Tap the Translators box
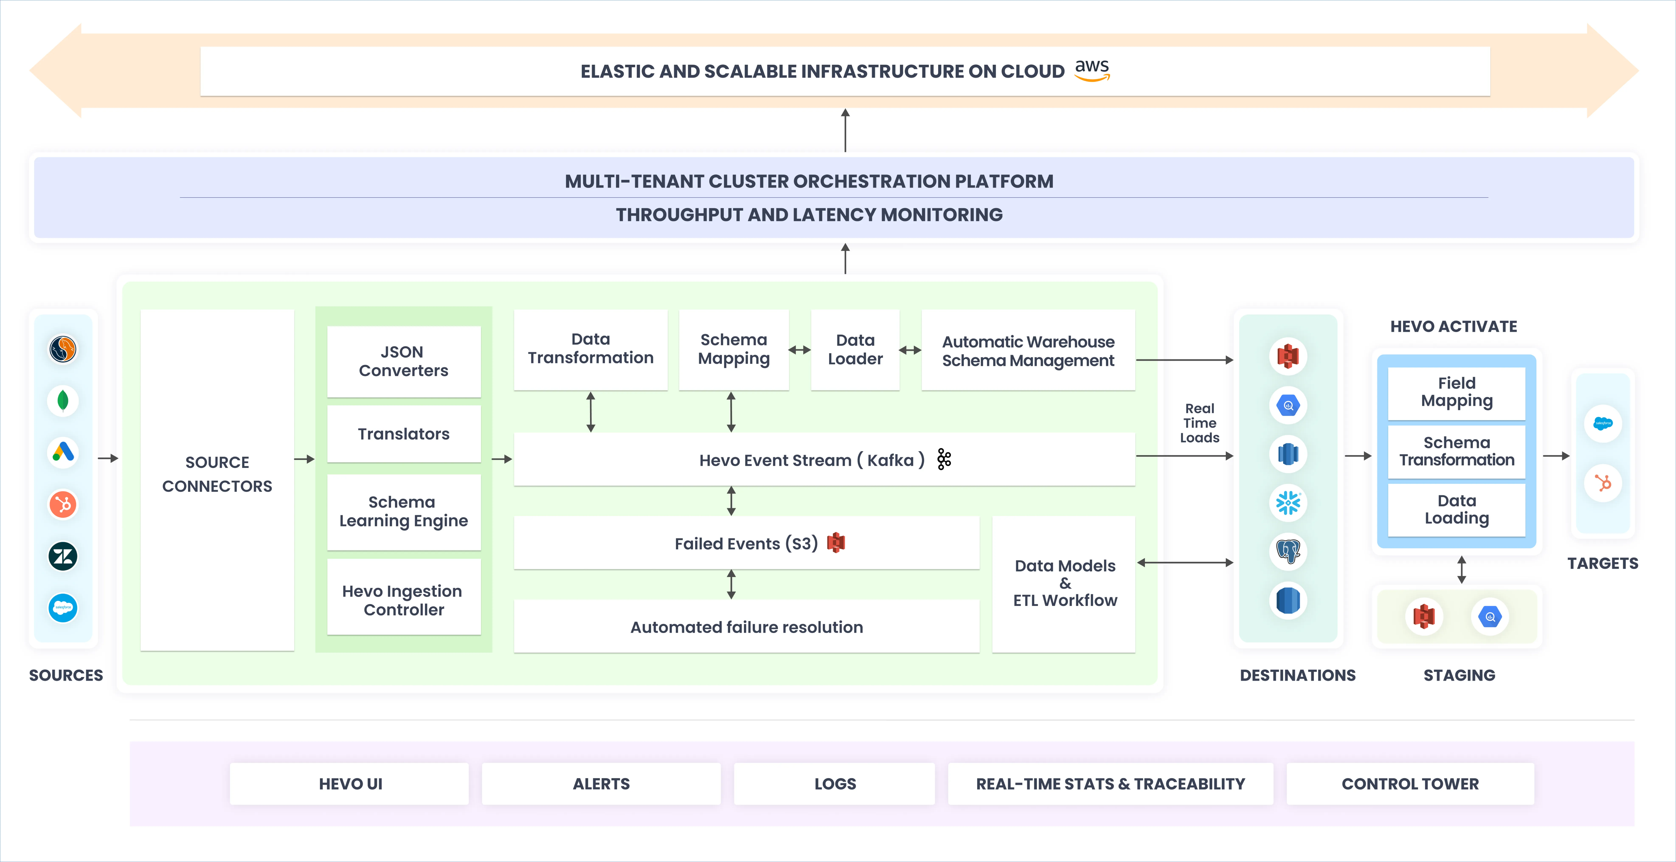click(x=403, y=434)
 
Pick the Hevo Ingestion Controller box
click(x=403, y=600)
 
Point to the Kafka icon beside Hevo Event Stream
click(x=944, y=459)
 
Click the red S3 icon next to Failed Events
click(x=836, y=543)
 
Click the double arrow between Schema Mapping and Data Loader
click(x=800, y=350)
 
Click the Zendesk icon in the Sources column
click(x=63, y=556)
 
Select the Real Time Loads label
click(x=1199, y=423)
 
